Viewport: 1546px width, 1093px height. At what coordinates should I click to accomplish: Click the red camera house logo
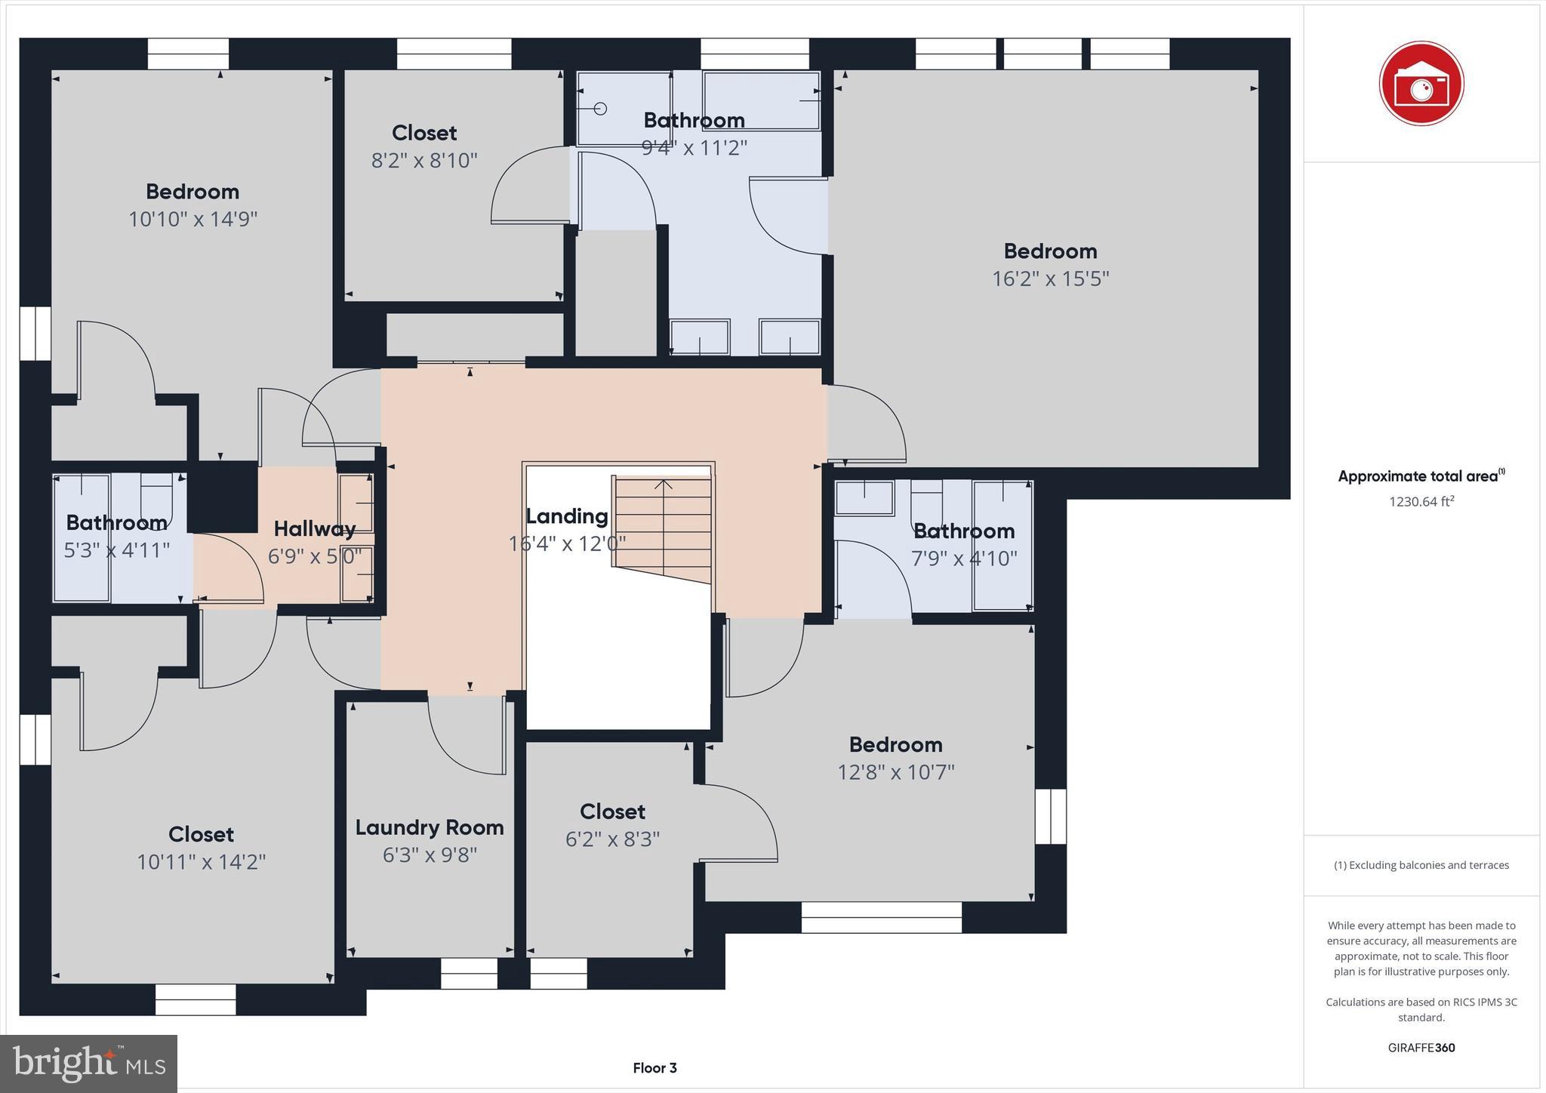[x=1421, y=83]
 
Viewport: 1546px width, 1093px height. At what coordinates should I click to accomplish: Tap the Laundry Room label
[x=430, y=827]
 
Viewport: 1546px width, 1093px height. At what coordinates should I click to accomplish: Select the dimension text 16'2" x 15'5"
[x=1050, y=279]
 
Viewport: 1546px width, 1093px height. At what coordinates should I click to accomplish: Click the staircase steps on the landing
[x=664, y=528]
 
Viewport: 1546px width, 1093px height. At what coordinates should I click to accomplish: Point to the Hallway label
[x=314, y=528]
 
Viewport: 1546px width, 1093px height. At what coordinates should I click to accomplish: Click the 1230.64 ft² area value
[x=1421, y=501]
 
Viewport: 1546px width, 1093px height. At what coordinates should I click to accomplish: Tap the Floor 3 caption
[x=654, y=1067]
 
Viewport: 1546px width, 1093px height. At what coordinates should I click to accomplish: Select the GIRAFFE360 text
[x=1421, y=1048]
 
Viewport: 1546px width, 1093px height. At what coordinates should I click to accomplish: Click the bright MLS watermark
[x=89, y=1064]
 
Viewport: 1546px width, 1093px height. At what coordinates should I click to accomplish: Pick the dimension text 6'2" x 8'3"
[x=612, y=839]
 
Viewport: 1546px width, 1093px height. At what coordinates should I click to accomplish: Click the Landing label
[x=567, y=516]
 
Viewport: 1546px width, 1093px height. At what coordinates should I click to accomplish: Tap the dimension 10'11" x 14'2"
[x=201, y=862]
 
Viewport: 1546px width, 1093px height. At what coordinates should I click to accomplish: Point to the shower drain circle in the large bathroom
[x=600, y=109]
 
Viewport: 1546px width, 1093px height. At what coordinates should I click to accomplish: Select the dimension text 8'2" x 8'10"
[x=424, y=160]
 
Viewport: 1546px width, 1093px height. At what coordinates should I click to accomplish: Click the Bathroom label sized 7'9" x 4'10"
[x=963, y=531]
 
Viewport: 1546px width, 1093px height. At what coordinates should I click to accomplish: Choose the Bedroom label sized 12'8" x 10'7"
[x=895, y=744]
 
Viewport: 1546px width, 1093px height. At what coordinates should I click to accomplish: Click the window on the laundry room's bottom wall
[x=469, y=974]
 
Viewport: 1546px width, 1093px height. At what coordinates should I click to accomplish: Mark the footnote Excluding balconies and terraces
[x=1421, y=865]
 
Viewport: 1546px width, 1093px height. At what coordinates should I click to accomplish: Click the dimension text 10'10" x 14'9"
[x=192, y=219]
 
